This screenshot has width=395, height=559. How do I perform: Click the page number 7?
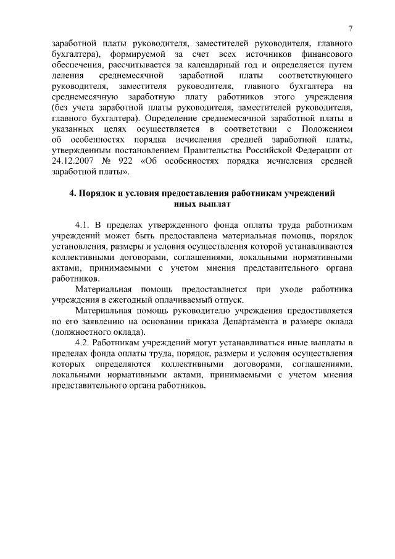(350, 29)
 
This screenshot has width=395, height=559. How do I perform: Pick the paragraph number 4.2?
(82, 343)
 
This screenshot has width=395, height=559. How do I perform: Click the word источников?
(275, 54)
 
